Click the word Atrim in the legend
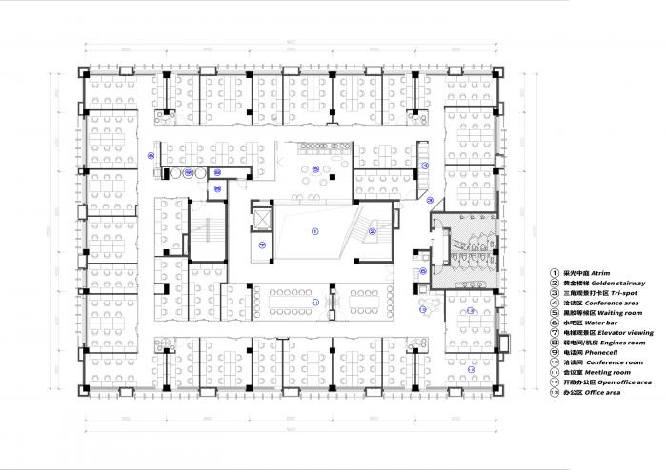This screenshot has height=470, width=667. [x=601, y=272]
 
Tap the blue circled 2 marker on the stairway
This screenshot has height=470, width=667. [x=374, y=230]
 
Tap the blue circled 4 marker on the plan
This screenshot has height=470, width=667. [x=425, y=166]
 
